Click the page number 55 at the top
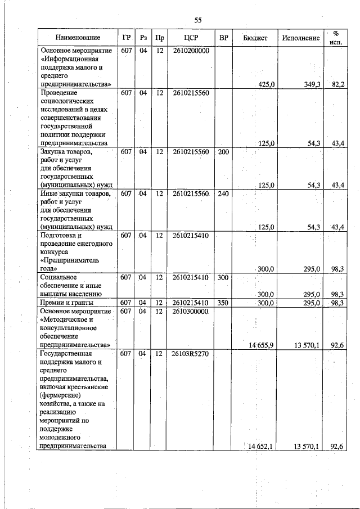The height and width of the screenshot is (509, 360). (198, 20)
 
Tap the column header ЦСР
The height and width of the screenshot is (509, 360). (192, 38)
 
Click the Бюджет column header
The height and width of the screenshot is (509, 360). (255, 38)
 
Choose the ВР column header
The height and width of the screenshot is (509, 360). (224, 38)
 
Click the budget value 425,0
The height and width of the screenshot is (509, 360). (266, 84)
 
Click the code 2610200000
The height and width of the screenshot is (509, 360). (191, 50)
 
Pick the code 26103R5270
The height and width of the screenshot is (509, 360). (191, 354)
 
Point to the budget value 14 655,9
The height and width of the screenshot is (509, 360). (260, 345)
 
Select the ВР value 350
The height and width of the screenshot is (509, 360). (223, 303)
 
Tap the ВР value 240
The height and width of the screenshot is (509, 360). (223, 193)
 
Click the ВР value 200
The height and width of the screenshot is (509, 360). (223, 152)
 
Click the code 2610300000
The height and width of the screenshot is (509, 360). (191, 312)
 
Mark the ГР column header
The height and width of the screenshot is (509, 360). (127, 38)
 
